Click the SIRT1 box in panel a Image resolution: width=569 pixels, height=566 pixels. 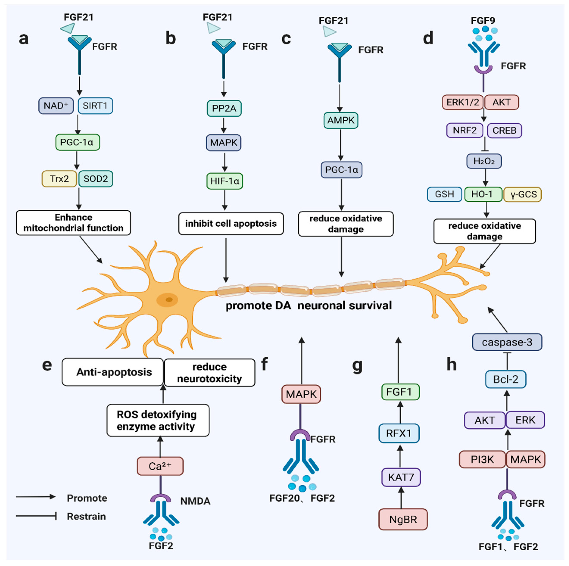point(95,106)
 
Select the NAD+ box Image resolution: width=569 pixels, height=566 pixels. point(56,106)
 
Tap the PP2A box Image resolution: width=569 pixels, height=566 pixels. point(224,108)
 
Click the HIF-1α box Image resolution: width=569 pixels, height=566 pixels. point(225,181)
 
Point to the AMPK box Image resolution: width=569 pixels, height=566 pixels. point(341,120)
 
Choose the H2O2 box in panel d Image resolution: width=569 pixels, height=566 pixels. point(484,161)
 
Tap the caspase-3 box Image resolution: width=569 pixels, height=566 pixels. point(507,342)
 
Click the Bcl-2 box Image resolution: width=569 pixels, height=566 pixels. point(506,379)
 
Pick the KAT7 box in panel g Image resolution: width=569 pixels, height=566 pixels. point(401,477)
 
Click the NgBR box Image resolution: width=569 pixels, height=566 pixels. point(403,519)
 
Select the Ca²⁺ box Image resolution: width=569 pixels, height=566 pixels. point(160,466)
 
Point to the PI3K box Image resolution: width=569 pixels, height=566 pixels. point(482,459)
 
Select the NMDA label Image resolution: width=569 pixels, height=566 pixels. point(195,501)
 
